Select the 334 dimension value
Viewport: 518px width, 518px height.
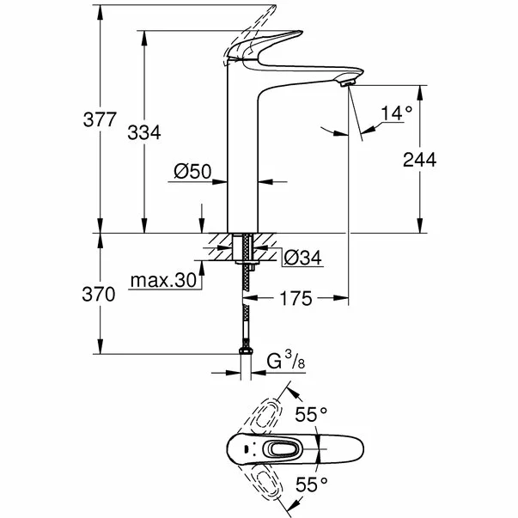pyautogui.click(x=144, y=131)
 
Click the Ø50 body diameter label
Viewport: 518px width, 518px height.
pyautogui.click(x=192, y=172)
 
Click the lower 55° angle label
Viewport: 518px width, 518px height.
pyautogui.click(x=311, y=484)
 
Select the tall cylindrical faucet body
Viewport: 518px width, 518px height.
pyautogui.click(x=241, y=155)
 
